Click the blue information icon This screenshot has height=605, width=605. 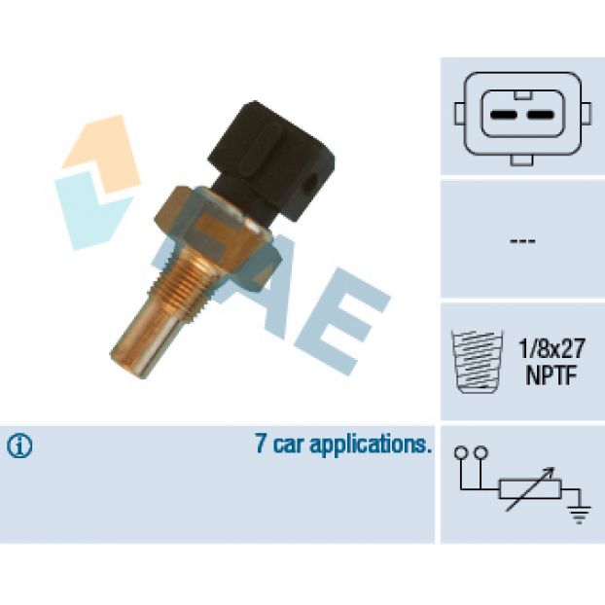pyautogui.click(x=19, y=446)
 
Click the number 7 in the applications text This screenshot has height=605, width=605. pyautogui.click(x=261, y=444)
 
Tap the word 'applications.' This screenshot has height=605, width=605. pyautogui.click(x=371, y=445)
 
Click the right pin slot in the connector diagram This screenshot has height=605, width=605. pyautogui.click(x=540, y=115)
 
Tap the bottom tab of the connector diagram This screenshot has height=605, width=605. pyautogui.click(x=521, y=160)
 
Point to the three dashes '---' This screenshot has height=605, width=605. pyautogui.click(x=522, y=241)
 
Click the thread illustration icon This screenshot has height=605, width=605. pyautogui.click(x=477, y=361)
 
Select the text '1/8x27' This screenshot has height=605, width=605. pyautogui.click(x=552, y=348)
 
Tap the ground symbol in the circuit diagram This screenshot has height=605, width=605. pyautogui.click(x=579, y=513)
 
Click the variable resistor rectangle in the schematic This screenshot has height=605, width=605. pyautogui.click(x=530, y=489)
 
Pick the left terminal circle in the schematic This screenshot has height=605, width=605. pyautogui.click(x=460, y=452)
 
